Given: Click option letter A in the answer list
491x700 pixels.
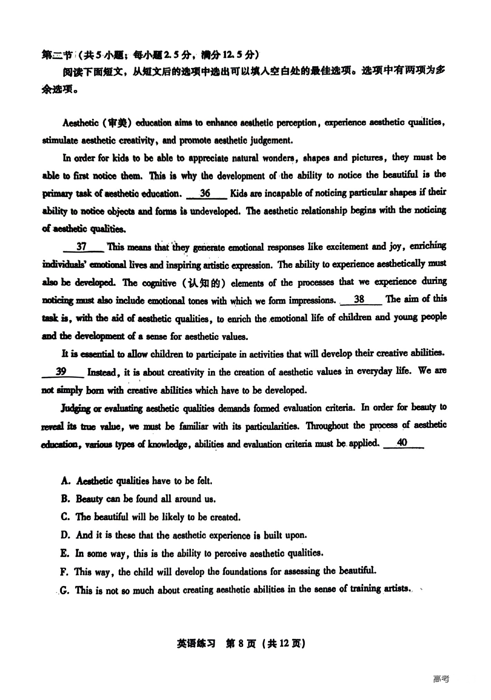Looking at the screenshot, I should pyautogui.click(x=65, y=481).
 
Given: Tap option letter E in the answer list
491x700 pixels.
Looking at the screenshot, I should pyautogui.click(x=65, y=553).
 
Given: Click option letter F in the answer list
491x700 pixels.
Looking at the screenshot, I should pyautogui.click(x=64, y=572).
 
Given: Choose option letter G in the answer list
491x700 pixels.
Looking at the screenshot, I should pyautogui.click(x=64, y=590).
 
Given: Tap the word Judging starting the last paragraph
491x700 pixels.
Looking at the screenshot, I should pyautogui.click(x=76, y=408).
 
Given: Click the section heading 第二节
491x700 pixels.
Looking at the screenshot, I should pyautogui.click(x=57, y=55).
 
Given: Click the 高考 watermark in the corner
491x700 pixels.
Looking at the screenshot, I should pyautogui.click(x=441, y=679).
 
